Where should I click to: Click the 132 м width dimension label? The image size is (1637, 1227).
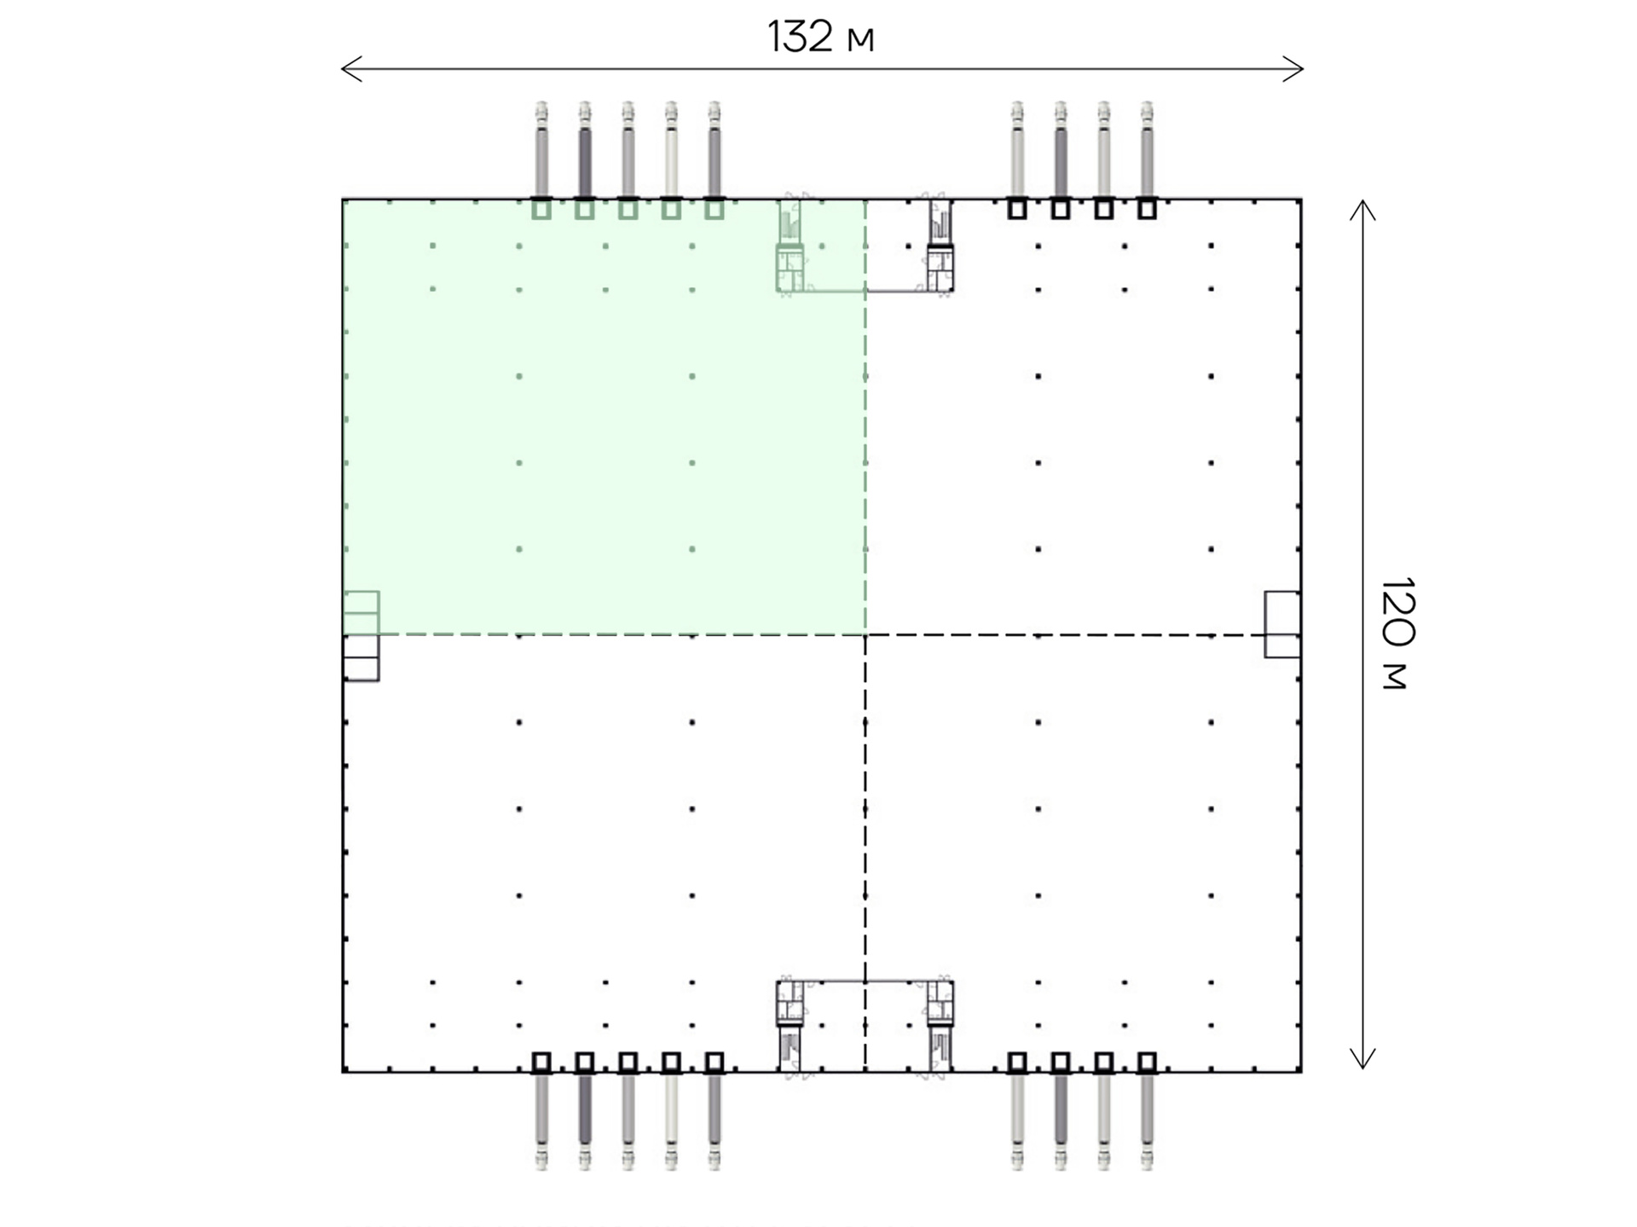[x=821, y=37]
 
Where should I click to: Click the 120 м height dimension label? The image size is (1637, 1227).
[x=1397, y=634]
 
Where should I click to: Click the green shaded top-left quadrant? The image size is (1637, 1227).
[x=604, y=417]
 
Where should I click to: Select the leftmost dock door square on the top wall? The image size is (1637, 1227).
[x=541, y=209]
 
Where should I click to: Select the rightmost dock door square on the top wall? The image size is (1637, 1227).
[x=1147, y=209]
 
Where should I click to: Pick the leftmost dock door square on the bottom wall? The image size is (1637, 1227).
[x=541, y=1062]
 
